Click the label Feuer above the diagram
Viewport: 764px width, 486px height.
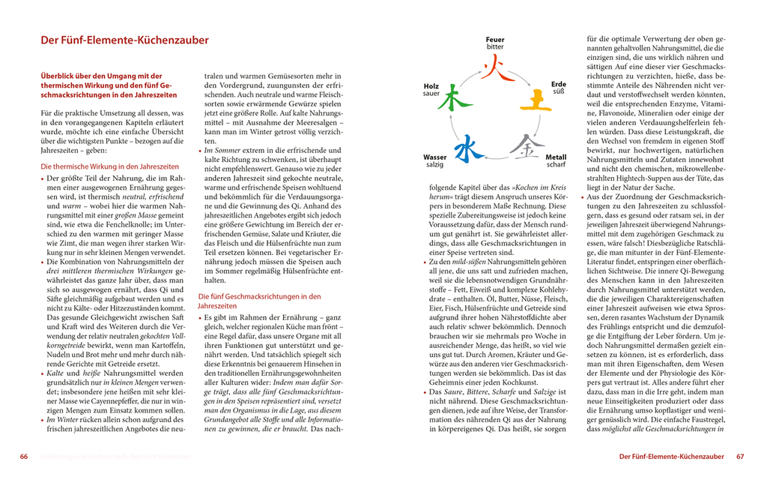coord(495,39)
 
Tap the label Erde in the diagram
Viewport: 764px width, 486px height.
coord(559,84)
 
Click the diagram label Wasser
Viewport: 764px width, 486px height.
coord(435,157)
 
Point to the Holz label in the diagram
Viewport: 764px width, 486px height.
coord(431,85)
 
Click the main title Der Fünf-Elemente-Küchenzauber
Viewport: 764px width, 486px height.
coord(124,40)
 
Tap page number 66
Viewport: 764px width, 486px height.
coord(24,456)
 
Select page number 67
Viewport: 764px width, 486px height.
coord(740,456)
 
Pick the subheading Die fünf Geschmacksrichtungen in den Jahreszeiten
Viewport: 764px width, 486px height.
coord(259,301)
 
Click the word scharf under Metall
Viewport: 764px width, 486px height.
coord(556,165)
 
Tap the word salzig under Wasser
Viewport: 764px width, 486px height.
coord(434,166)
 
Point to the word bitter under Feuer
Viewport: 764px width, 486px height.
coord(495,47)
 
